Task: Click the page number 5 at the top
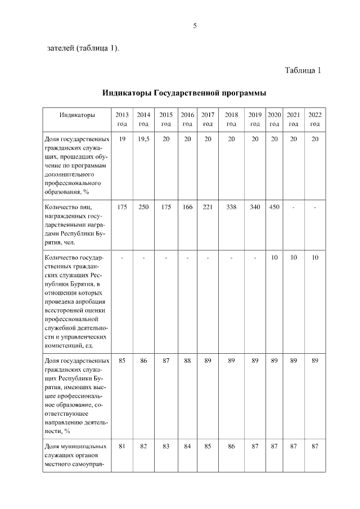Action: (195, 26)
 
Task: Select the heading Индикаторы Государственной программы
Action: (184, 93)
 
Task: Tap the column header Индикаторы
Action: (78, 115)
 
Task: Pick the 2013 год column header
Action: (122, 119)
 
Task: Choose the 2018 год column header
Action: (231, 119)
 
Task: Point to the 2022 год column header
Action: (314, 119)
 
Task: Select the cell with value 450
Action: (274, 207)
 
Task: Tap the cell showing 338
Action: (231, 207)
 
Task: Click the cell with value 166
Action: (187, 207)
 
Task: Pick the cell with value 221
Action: (208, 207)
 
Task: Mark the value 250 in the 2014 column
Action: (143, 207)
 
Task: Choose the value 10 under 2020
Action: (274, 257)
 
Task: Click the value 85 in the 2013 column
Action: (122, 361)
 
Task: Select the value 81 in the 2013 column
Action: (122, 446)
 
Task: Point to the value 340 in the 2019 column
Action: (255, 207)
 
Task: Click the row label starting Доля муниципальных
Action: (76, 455)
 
